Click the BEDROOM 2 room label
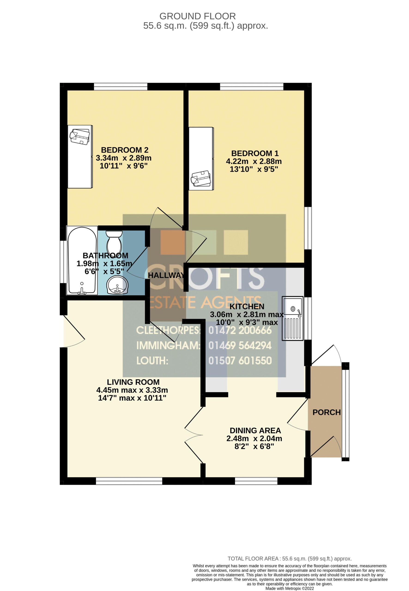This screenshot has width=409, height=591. [x=125, y=150]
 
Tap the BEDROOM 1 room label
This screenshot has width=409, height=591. [x=255, y=153]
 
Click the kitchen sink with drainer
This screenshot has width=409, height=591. [x=292, y=318]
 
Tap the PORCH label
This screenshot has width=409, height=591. [x=327, y=412]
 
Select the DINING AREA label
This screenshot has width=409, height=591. [x=255, y=430]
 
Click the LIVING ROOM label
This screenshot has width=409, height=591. [x=133, y=382]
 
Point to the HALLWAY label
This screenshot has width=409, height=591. [x=166, y=275]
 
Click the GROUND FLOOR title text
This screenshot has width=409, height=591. [x=198, y=16]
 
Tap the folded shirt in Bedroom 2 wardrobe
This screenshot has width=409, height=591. [x=80, y=136]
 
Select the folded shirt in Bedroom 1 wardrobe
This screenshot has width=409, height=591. [x=201, y=178]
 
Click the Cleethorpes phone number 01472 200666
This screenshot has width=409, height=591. [x=240, y=330]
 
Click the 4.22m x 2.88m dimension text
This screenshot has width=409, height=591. [x=254, y=161]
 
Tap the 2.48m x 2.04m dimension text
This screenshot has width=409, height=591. [x=254, y=438]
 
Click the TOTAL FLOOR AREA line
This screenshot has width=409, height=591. [x=290, y=559]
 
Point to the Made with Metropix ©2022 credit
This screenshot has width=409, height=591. [x=290, y=588]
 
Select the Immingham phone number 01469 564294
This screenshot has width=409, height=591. [x=240, y=346]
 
